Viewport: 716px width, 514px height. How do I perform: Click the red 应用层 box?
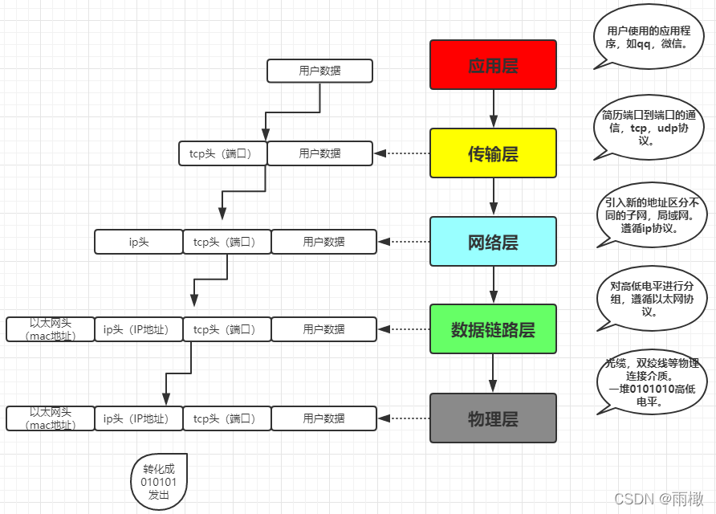point(493,65)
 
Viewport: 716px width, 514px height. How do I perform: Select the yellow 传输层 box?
point(493,153)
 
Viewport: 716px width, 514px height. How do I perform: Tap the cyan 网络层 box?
point(493,241)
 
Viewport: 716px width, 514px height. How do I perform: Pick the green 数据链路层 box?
point(493,329)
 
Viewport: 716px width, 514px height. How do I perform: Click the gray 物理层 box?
point(493,418)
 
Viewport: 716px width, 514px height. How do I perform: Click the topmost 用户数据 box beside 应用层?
point(319,71)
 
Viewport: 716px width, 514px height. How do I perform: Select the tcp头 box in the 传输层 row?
point(222,153)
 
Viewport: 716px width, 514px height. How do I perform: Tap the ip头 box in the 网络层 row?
point(139,241)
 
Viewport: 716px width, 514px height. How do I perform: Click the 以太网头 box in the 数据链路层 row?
point(51,329)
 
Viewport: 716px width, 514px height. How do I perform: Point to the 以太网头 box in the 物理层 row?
point(51,418)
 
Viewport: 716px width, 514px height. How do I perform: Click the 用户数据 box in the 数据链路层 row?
point(323,329)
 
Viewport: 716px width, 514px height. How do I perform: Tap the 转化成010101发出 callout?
point(159,482)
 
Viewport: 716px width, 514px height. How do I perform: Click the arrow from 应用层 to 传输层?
point(493,108)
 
